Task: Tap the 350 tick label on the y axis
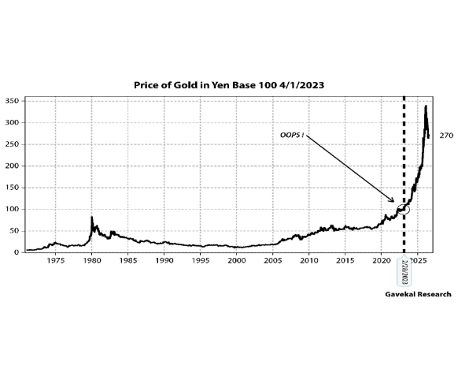12,101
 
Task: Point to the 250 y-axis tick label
12,144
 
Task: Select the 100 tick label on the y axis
12,209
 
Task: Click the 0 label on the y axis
17,252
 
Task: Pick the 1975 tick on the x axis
56,260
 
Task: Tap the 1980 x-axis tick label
92,260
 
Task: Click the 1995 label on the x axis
201,260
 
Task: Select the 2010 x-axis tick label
309,260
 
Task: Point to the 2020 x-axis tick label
382,260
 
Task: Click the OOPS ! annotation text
292,135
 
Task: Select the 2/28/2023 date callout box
404,271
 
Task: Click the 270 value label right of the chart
446,136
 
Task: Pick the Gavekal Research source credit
419,294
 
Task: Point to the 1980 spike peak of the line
92,217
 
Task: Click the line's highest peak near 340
426,106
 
